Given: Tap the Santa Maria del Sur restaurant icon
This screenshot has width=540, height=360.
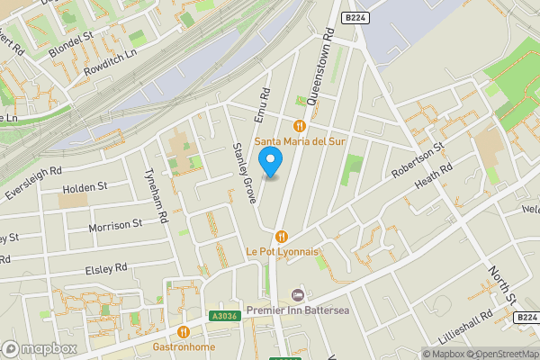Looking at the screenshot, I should (x=300, y=124).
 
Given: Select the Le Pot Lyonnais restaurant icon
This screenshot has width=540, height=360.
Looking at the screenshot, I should (x=282, y=236).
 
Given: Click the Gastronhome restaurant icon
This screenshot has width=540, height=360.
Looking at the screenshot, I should (x=184, y=331).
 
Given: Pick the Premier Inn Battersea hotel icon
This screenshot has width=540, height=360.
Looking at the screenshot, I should (x=299, y=295).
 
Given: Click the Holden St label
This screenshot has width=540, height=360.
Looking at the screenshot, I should (x=85, y=187).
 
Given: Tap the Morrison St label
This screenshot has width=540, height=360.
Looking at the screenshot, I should (x=115, y=225).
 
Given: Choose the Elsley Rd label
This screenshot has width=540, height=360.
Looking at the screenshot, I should (x=105, y=268).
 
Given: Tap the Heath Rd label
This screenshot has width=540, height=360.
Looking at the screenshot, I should (x=433, y=184).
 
